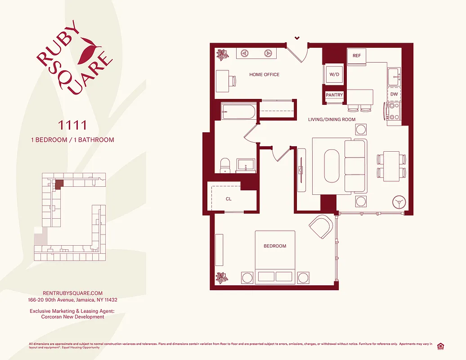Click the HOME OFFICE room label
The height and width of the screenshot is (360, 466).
(x=264, y=75)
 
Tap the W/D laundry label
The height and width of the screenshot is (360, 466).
(x=334, y=74)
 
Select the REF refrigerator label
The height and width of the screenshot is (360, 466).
(x=357, y=56)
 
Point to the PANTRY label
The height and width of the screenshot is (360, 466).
(x=334, y=95)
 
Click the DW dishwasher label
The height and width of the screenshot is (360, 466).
(x=394, y=94)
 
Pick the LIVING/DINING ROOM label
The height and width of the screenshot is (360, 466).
(x=332, y=120)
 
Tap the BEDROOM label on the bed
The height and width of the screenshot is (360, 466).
(x=275, y=246)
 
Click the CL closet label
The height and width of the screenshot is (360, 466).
(x=229, y=198)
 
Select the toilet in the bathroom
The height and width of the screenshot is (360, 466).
(x=225, y=165)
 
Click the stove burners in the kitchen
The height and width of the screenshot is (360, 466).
(x=394, y=111)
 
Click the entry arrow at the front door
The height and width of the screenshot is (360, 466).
(x=297, y=38)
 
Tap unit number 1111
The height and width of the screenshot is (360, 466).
(x=72, y=124)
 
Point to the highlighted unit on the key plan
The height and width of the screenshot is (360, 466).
(x=59, y=184)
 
